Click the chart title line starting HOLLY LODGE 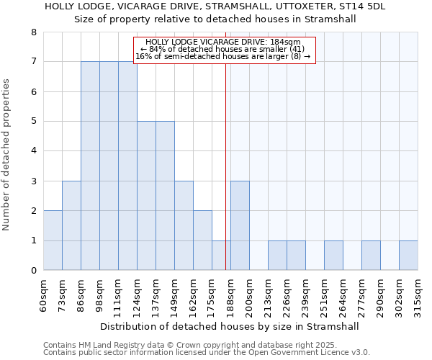tap(215, 6)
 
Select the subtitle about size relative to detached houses tap(215, 19)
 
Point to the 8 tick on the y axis tap(33, 32)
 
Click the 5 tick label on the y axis tap(33, 122)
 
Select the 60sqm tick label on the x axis tap(43, 294)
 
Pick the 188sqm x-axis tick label tap(230, 294)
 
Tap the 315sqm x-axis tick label tap(418, 294)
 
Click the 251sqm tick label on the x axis tap(324, 294)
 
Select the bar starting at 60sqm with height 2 tap(53, 240)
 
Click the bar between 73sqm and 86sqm tap(71, 225)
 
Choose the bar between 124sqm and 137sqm tap(146, 196)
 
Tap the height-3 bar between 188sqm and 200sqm tap(240, 225)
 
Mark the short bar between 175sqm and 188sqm tap(221, 256)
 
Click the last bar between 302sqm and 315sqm tap(408, 256)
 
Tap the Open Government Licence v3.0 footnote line tap(207, 353)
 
